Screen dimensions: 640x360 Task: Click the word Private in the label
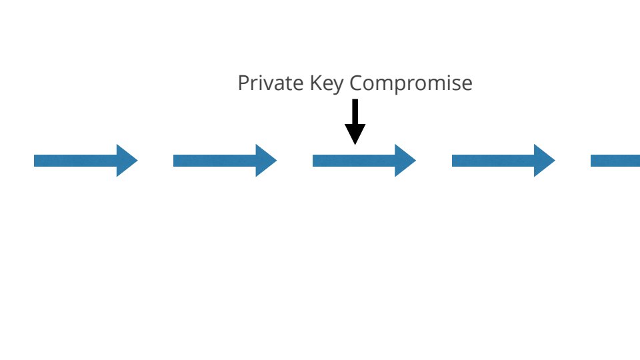(x=271, y=83)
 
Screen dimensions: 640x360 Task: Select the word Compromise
(x=411, y=85)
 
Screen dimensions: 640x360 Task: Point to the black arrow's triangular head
(x=355, y=134)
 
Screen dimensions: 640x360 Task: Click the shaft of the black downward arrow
(x=355, y=111)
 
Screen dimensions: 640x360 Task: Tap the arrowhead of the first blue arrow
(x=127, y=161)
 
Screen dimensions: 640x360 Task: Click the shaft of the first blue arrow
(x=75, y=161)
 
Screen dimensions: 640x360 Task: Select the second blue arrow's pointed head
(x=267, y=161)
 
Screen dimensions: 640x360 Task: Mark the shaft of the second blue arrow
(x=215, y=161)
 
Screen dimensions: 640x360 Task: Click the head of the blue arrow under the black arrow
(x=405, y=161)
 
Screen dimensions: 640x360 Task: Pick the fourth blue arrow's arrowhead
(x=545, y=161)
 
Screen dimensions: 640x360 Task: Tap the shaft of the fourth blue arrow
(x=493, y=161)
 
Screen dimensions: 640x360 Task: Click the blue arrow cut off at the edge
(x=615, y=161)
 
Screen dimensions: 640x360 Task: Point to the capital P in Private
(x=243, y=83)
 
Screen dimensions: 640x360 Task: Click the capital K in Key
(x=316, y=83)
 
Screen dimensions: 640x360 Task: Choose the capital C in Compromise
(x=357, y=83)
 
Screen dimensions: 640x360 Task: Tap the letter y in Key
(x=339, y=87)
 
